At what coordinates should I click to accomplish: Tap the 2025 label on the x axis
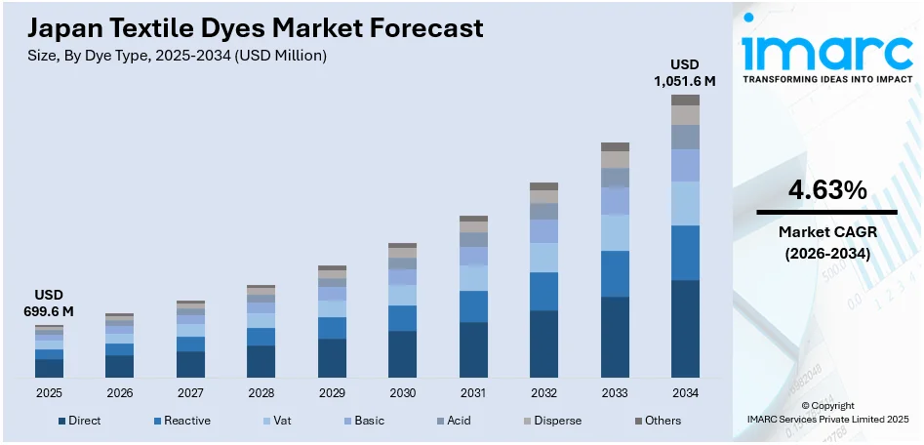click(x=49, y=393)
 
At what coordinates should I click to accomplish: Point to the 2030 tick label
click(x=402, y=393)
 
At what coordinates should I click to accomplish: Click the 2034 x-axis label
click(x=685, y=393)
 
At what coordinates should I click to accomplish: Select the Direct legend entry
click(x=79, y=421)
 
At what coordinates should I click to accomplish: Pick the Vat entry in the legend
click(x=278, y=421)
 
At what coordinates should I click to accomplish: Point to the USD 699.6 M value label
click(x=49, y=303)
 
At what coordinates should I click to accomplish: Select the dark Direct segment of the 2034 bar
click(x=685, y=329)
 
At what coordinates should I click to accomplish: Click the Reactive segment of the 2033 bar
click(x=615, y=273)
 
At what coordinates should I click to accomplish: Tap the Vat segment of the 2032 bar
click(x=543, y=258)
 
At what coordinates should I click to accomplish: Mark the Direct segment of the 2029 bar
click(x=332, y=358)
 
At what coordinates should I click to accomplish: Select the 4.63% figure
click(x=826, y=191)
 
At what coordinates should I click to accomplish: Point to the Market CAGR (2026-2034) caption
click(x=826, y=242)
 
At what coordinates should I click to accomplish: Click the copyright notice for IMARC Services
click(x=827, y=412)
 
